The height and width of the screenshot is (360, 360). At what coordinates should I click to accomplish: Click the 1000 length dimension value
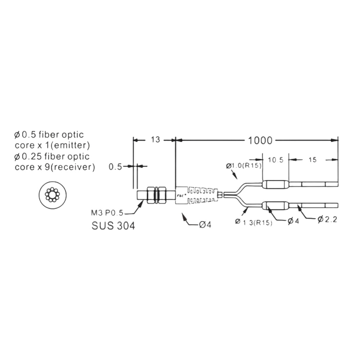(260, 140)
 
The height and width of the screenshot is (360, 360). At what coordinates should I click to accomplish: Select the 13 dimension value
(156, 140)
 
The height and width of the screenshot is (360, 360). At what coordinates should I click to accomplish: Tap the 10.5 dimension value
(276, 160)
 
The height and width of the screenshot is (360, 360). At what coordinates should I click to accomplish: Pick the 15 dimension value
(312, 160)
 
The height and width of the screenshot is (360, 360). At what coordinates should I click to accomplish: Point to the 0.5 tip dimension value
(115, 167)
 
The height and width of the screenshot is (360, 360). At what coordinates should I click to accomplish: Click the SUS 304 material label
(113, 226)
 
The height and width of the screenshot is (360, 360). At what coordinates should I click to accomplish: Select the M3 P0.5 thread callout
(107, 213)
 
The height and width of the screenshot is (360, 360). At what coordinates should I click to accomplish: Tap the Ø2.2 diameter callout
(327, 220)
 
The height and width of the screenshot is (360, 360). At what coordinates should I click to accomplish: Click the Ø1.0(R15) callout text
(244, 166)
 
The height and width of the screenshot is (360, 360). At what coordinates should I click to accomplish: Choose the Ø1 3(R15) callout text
(254, 222)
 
